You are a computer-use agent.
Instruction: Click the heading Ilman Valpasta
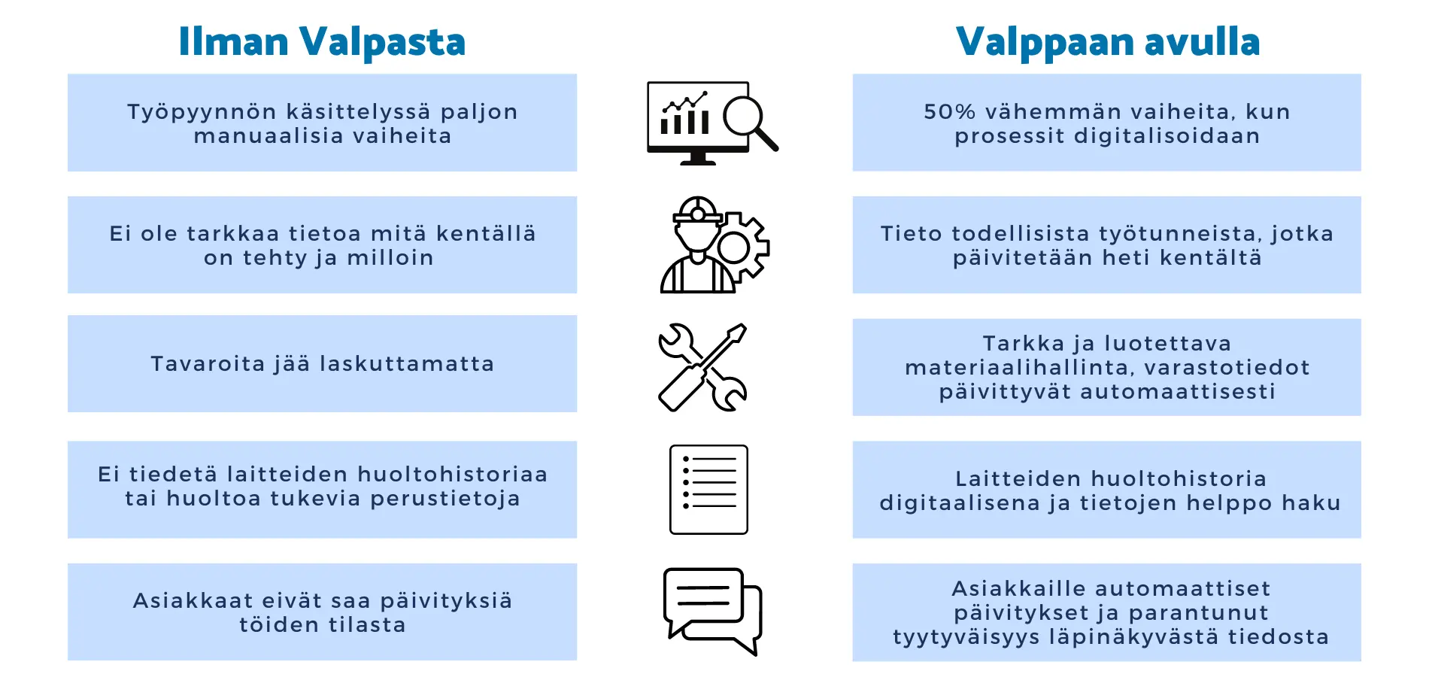322,42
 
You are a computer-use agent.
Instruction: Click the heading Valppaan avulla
1107,42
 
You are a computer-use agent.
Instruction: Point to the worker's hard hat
698,211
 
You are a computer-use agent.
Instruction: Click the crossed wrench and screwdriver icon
702,367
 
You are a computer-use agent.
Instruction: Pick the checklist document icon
708,490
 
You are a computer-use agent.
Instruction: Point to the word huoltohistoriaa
452,475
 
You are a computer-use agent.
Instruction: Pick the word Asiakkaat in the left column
193,601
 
